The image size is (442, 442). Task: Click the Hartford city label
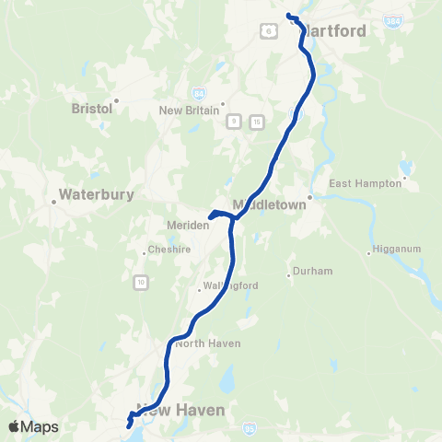(x=333, y=30)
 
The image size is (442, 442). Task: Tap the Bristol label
(x=91, y=108)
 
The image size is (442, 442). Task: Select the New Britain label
(x=190, y=110)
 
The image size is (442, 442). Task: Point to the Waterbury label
(x=96, y=195)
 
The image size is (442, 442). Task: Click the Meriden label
(x=183, y=223)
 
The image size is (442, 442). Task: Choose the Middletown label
(x=269, y=204)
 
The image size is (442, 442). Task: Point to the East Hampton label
(x=366, y=183)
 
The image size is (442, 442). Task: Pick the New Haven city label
(x=180, y=410)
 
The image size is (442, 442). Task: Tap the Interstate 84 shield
(x=200, y=94)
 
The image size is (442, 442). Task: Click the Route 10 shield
(x=139, y=280)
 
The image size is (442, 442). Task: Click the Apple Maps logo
(x=33, y=426)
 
